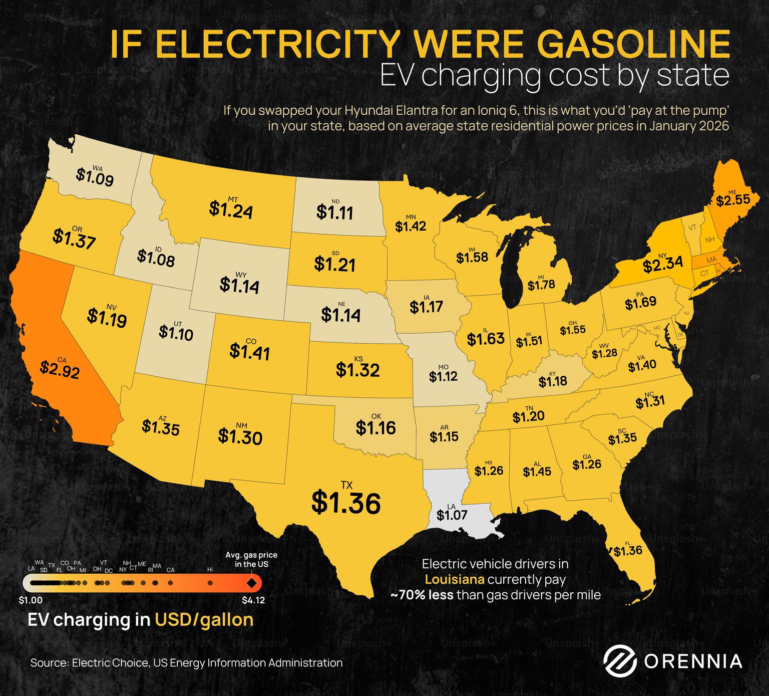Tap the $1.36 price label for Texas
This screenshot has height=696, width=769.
[346, 503]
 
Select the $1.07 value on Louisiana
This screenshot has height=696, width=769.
[452, 515]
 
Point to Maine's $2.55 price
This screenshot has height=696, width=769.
[733, 200]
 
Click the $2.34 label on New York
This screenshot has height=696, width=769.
[663, 265]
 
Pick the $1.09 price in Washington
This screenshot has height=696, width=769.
[95, 177]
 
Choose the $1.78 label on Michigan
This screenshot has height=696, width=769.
[541, 285]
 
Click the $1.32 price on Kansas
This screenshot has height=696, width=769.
[357, 370]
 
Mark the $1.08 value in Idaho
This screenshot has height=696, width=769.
[156, 259]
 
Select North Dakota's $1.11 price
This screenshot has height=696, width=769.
[335, 212]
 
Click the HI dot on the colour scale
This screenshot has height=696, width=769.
[210, 583]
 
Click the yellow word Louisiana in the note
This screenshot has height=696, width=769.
[455, 580]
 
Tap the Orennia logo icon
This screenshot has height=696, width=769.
[620, 661]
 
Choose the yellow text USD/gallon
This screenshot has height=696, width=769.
[204, 620]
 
